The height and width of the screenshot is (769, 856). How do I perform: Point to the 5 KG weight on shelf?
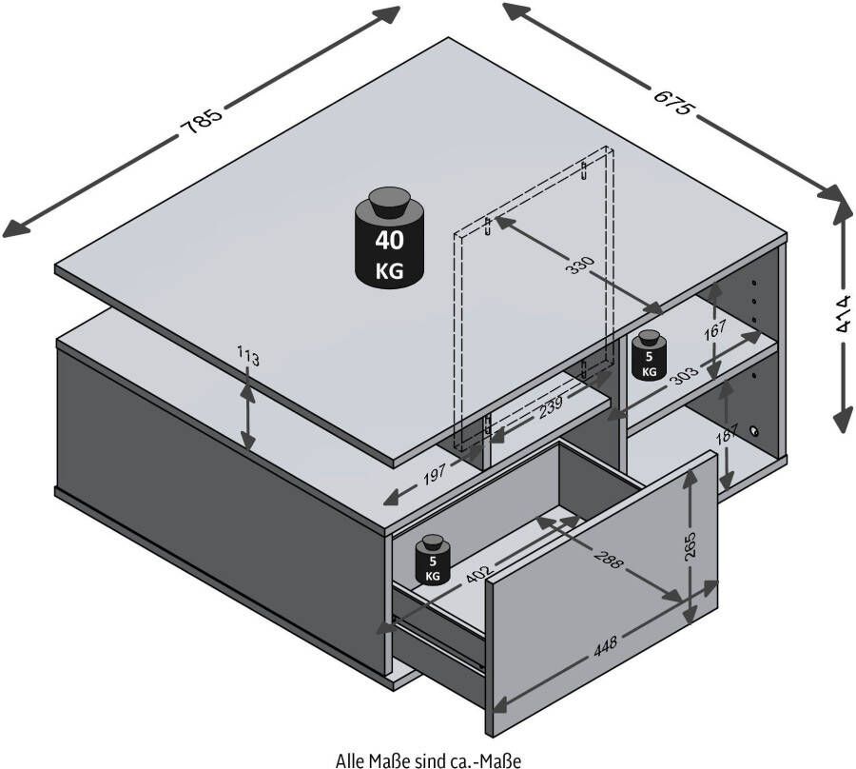(649, 356)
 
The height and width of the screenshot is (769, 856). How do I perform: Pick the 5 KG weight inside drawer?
(433, 560)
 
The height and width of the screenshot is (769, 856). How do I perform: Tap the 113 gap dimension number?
(248, 356)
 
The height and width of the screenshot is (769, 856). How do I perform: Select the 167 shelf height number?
(714, 330)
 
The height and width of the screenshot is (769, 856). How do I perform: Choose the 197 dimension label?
(435, 474)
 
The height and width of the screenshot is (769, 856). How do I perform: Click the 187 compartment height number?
(728, 435)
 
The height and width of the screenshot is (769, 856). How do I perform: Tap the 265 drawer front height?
(691, 544)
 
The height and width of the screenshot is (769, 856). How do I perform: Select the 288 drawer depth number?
(607, 556)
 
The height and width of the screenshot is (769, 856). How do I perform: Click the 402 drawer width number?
(478, 572)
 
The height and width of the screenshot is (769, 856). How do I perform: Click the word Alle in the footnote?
(347, 759)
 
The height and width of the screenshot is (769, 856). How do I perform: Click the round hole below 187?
(754, 431)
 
